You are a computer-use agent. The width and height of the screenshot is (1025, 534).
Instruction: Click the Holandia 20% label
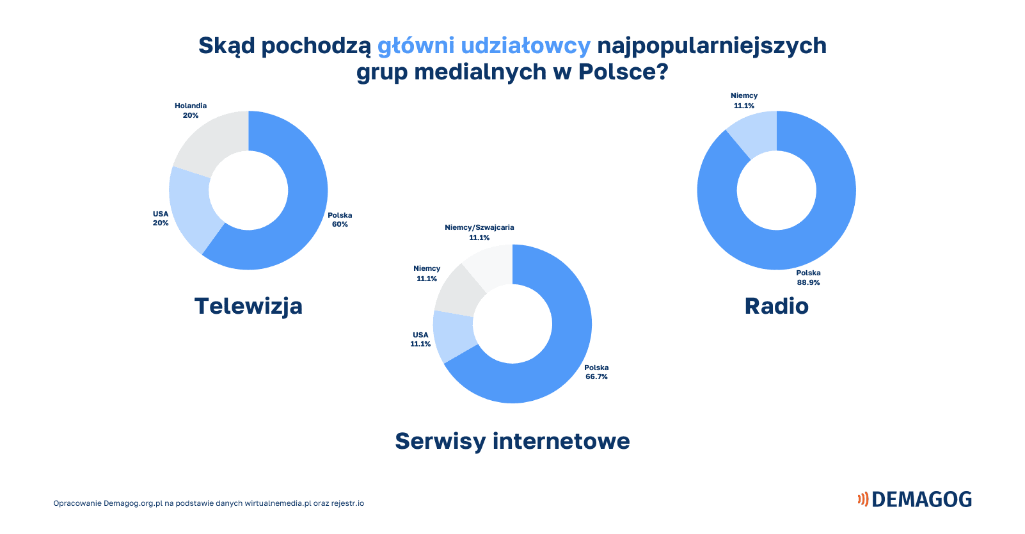(x=191, y=110)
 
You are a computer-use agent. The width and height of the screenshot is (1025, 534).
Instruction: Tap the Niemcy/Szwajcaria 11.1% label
(x=479, y=232)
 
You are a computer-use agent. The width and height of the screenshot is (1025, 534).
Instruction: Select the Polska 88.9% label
(x=808, y=277)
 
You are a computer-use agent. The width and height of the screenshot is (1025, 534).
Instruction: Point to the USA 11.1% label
(x=420, y=339)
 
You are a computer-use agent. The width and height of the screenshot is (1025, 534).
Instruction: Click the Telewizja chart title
(x=248, y=306)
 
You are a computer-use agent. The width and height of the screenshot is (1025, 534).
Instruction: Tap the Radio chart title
(x=777, y=306)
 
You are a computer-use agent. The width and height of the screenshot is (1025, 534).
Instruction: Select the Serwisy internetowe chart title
(x=512, y=441)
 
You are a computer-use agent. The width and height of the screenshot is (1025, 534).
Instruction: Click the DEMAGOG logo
(x=914, y=499)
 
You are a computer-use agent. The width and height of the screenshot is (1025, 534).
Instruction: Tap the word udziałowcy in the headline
(x=525, y=46)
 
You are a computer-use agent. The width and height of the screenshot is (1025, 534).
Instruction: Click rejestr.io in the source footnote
(x=347, y=503)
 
